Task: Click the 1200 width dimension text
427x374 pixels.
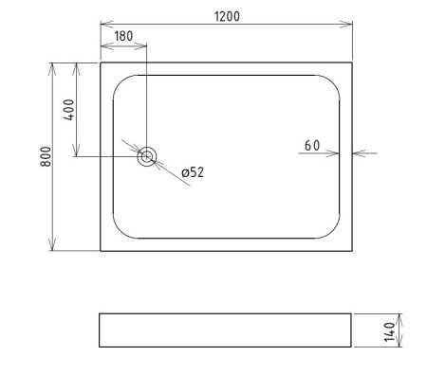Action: point(226,16)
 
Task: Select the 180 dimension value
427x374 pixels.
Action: point(123,38)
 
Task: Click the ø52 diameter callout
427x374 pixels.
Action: point(193,171)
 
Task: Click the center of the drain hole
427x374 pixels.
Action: point(147,158)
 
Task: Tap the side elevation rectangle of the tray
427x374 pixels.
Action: point(226,330)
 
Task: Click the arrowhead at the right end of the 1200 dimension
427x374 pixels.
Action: point(347,24)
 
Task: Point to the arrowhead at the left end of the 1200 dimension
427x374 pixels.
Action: point(105,24)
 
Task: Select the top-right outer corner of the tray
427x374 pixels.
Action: point(352,62)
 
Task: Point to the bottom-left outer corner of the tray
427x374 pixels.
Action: point(101,251)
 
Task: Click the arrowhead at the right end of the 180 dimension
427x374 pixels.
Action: point(143,45)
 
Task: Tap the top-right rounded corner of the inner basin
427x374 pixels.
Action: point(334,80)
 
